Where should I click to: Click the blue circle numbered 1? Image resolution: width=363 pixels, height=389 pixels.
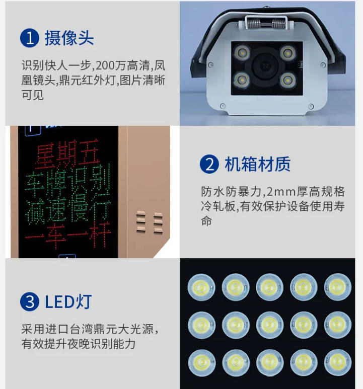coord(30,38)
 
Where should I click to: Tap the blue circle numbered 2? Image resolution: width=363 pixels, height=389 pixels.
coord(209,164)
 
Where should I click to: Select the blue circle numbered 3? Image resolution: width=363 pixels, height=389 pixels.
coord(30,301)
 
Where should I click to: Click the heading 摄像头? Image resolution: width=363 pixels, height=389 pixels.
coord(69,38)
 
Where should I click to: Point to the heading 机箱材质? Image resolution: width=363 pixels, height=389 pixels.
coord(258,164)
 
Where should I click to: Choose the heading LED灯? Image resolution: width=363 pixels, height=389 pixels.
coord(68,301)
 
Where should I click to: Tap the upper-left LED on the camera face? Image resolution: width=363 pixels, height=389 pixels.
coord(241,53)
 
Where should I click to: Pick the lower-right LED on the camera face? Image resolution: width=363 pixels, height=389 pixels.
coord(288,80)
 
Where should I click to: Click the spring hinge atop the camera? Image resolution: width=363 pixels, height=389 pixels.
coord(266,24)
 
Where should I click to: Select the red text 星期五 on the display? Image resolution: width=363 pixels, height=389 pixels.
coord(67,153)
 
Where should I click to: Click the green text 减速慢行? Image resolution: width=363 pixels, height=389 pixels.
coord(68,210)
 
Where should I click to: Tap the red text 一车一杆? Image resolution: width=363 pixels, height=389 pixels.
coord(68,236)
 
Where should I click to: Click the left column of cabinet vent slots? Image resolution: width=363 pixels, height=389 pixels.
coord(141,221)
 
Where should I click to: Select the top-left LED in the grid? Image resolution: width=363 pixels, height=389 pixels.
coord(201,287)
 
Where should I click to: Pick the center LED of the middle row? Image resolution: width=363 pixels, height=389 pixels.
coord(270,325)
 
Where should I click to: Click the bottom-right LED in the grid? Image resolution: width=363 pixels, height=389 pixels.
coord(338,363)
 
